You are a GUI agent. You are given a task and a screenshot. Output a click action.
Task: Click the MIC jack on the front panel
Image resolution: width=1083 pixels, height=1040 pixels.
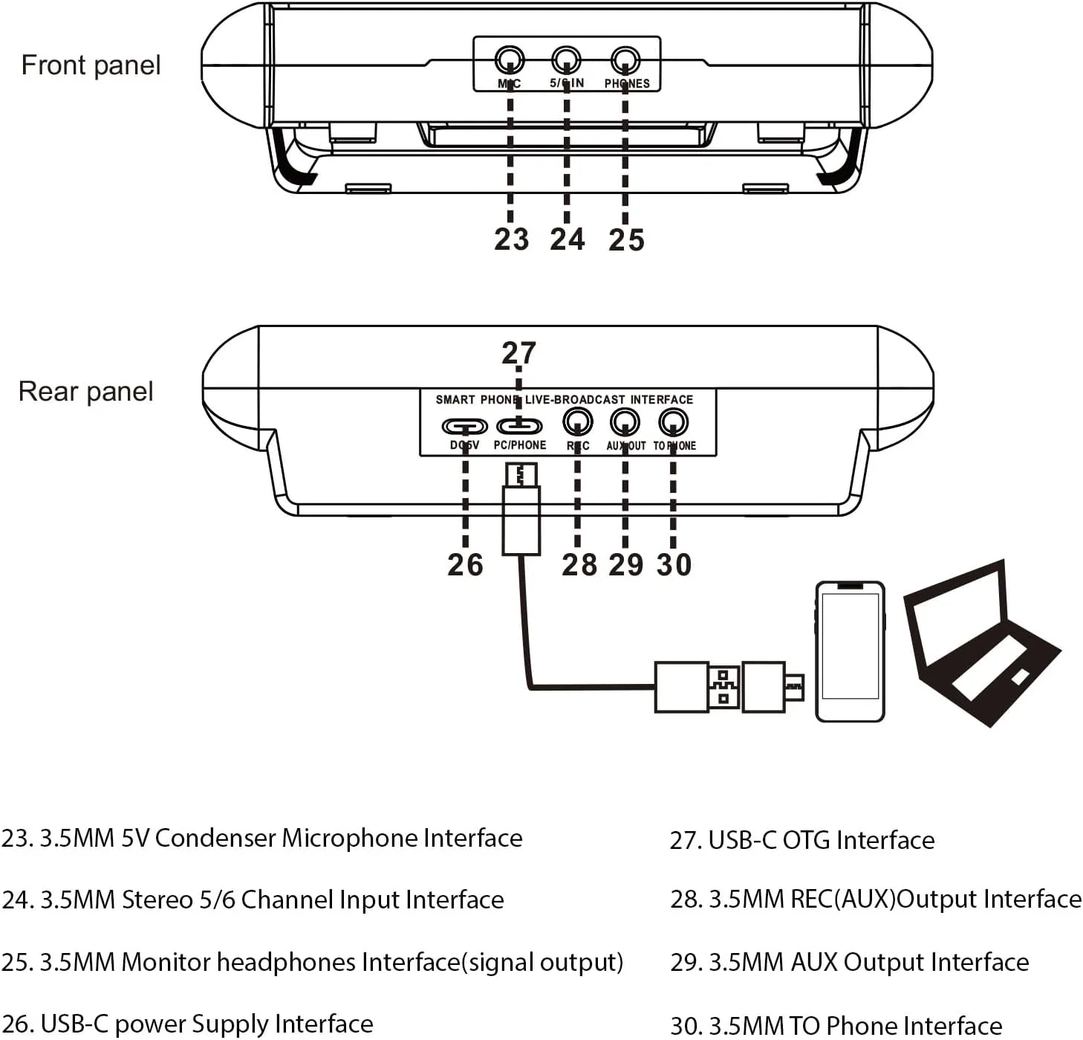[510, 59]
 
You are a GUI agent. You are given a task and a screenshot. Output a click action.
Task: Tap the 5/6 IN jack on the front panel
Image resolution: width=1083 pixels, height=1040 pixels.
[566, 59]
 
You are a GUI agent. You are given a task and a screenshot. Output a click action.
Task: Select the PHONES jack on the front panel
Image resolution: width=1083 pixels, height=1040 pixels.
[625, 59]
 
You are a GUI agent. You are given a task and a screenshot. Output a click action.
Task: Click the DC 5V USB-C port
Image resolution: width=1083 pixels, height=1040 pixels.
[465, 426]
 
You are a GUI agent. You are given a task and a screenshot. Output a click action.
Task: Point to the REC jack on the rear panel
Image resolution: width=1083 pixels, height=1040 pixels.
[578, 422]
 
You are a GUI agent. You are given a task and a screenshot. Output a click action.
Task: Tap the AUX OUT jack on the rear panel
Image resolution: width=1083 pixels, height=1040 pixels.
[625, 422]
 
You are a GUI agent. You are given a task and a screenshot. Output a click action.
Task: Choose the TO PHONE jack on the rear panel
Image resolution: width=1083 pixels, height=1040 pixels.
[673, 422]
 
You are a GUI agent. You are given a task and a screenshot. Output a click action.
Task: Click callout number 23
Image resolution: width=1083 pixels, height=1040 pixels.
[512, 239]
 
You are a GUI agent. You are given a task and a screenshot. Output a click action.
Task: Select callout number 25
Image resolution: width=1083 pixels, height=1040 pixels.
[626, 239]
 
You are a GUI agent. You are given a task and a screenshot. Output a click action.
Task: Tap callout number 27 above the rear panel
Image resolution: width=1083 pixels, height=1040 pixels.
[518, 352]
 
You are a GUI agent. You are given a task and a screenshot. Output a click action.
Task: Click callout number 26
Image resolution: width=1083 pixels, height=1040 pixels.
[465, 565]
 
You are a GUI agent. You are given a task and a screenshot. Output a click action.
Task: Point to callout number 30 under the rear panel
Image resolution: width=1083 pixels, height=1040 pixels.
[674, 565]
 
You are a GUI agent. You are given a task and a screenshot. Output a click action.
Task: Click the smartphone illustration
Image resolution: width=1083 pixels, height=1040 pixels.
[850, 651]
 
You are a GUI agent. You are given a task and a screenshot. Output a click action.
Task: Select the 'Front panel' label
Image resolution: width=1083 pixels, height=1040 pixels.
[91, 65]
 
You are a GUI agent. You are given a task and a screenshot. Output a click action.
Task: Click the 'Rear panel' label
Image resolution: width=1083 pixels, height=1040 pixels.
[85, 392]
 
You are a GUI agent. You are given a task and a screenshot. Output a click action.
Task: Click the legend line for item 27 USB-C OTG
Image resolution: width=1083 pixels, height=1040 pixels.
[802, 840]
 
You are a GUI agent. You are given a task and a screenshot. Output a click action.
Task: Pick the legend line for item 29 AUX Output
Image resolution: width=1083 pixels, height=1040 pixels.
[850, 963]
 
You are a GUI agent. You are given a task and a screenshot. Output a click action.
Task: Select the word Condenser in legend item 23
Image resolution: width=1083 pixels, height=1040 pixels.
[215, 839]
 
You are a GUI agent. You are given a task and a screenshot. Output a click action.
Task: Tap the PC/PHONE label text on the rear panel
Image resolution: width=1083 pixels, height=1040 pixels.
[520, 445]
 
